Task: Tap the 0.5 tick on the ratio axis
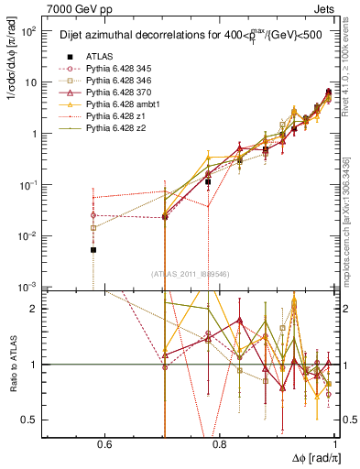(x=36, y=420)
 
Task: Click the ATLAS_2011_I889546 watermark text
(x=183, y=273)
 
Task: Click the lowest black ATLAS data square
(x=93, y=250)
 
